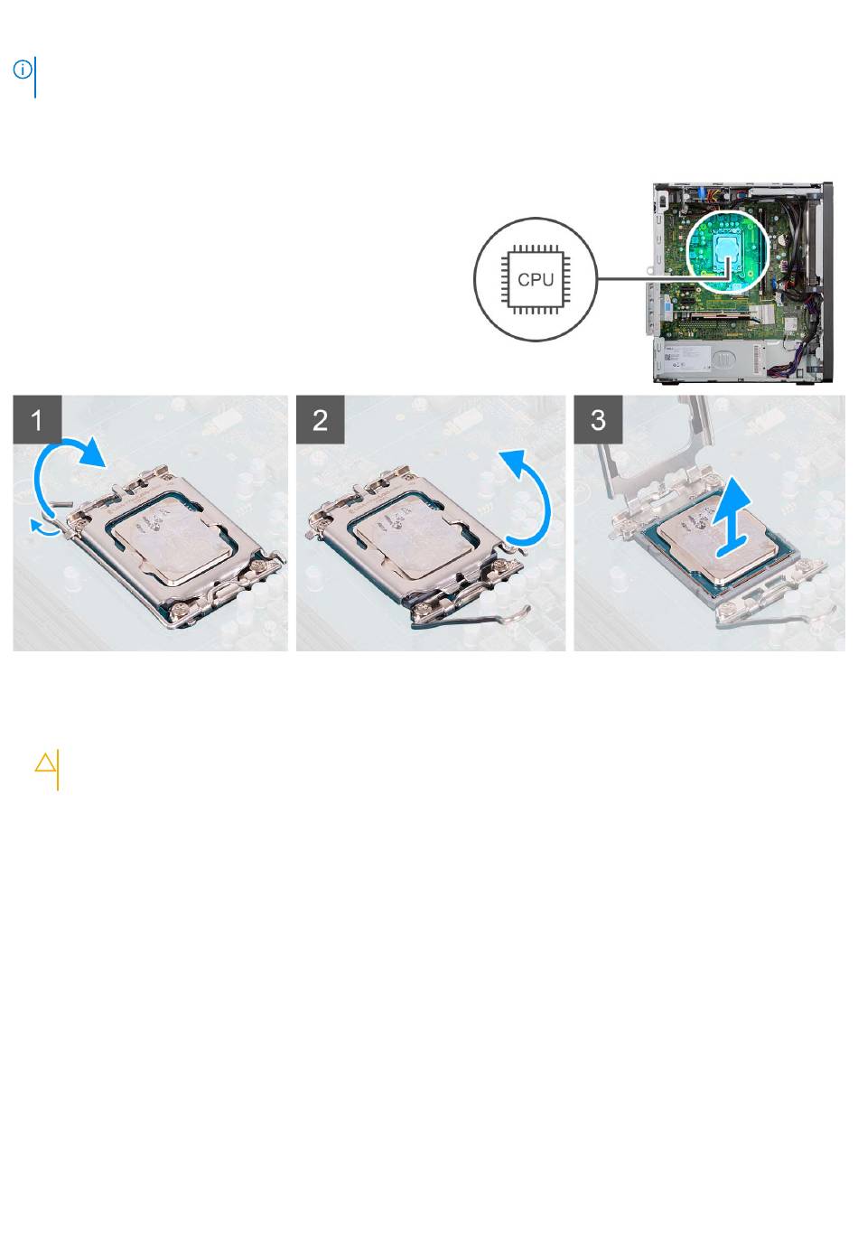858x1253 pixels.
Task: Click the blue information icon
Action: [23, 70]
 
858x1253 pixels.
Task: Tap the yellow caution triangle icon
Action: [45, 762]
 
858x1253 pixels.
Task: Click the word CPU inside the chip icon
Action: [536, 279]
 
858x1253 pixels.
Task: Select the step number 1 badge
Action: [37, 419]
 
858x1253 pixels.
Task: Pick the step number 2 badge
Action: [320, 419]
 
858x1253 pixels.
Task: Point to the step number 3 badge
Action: [598, 419]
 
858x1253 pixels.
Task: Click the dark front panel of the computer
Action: [826, 283]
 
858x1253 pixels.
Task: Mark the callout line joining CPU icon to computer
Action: [663, 277]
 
